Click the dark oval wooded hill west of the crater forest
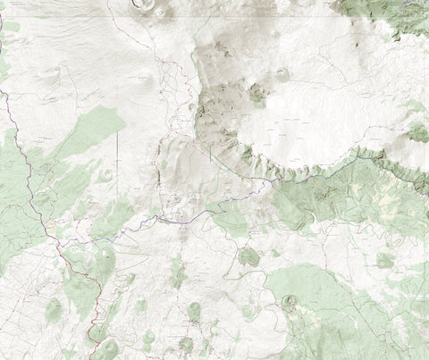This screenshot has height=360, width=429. coord(248,257)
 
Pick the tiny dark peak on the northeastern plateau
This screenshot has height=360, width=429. coord(360,44)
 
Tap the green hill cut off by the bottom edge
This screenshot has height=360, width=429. coord(107,350)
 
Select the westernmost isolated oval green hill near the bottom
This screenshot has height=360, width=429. coord(54,308)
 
